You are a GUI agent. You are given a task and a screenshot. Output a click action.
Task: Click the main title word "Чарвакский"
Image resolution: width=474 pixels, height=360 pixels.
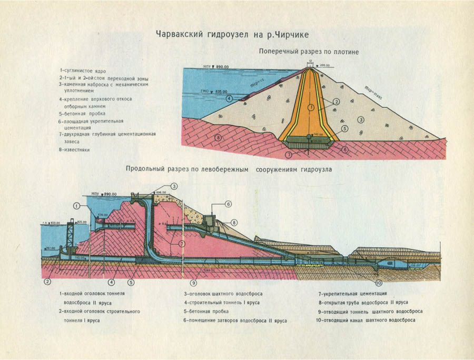tap(181, 35)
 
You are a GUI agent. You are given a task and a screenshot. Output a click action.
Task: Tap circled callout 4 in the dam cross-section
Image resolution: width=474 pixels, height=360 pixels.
tap(229, 98)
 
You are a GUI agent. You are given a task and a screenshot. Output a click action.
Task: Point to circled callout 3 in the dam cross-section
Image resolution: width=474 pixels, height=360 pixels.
tap(361, 119)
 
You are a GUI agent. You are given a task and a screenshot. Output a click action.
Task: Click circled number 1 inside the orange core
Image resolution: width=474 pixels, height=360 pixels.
tap(311, 107)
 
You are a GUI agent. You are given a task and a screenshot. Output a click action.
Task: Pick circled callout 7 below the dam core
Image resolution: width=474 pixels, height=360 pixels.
tap(288, 155)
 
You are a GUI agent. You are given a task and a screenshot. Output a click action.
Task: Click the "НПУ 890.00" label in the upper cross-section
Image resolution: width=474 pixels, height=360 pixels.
tap(216, 67)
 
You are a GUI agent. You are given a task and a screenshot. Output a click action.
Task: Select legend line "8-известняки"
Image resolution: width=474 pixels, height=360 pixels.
tap(75, 150)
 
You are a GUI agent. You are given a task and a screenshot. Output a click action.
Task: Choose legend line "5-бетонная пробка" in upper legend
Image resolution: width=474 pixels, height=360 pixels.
tap(82, 113)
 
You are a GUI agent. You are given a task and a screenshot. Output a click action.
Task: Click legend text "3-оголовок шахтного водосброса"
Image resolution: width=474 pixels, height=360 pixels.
tap(223, 293)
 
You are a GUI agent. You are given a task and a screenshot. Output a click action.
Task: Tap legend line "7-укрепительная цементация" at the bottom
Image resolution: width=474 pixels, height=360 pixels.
tap(352, 293)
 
